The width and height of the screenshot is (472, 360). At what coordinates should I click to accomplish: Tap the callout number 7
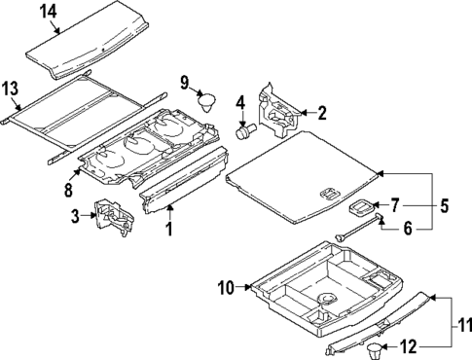pyautogui.click(x=394, y=205)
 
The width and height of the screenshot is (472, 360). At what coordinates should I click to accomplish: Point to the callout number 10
pyautogui.click(x=227, y=287)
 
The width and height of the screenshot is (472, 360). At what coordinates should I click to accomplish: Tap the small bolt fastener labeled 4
pyautogui.click(x=249, y=127)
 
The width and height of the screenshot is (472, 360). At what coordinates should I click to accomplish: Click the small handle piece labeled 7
pyautogui.click(x=362, y=208)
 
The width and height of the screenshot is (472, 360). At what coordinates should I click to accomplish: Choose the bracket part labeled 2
pyautogui.click(x=279, y=109)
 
